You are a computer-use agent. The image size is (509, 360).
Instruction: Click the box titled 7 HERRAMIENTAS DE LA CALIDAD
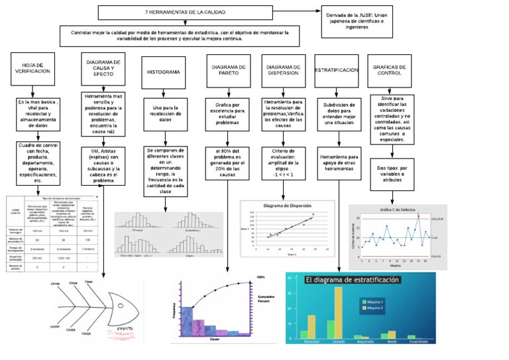click(185, 13)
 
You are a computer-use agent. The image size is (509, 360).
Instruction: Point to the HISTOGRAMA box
click(162, 71)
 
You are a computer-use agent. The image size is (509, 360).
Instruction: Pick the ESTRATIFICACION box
click(336, 70)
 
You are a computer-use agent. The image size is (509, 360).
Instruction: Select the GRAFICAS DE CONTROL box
click(394, 70)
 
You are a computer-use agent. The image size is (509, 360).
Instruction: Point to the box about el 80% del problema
click(228, 163)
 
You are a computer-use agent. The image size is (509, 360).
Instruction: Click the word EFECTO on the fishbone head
click(128, 330)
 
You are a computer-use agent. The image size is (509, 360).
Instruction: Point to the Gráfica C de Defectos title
click(397, 210)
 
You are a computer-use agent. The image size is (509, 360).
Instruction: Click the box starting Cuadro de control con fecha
click(38, 162)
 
